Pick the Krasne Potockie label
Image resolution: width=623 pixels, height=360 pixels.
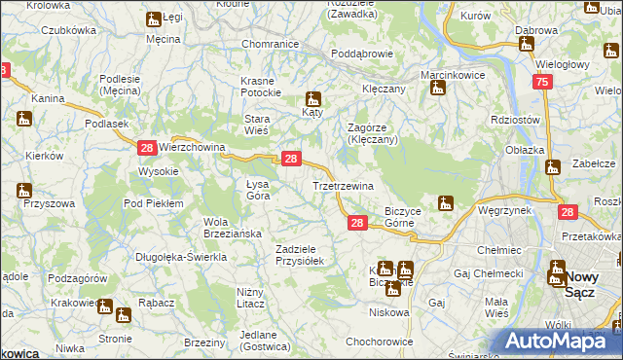point(261,87)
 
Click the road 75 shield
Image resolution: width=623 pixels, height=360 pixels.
point(542,85)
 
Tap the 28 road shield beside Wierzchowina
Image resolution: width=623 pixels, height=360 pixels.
point(146,148)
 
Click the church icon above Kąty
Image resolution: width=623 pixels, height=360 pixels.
point(313,98)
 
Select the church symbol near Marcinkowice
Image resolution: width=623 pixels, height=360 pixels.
point(438,89)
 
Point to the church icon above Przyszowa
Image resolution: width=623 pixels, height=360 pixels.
point(24,190)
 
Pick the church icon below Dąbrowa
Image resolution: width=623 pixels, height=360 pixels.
point(526,44)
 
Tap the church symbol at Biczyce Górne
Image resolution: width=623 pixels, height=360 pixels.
point(446,203)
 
